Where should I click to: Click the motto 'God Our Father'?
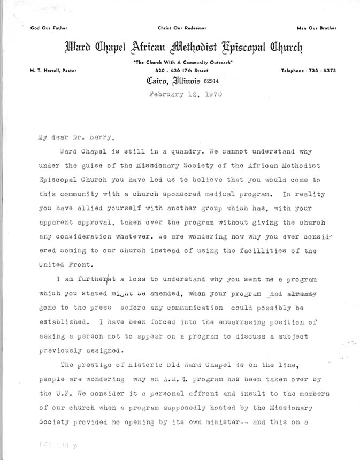click(x=45, y=27)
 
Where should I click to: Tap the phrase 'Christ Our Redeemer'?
click(x=182, y=27)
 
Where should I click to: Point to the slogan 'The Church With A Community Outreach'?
click(x=182, y=63)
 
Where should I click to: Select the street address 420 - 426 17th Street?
click(x=182, y=71)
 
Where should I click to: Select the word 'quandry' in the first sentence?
click(x=178, y=150)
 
